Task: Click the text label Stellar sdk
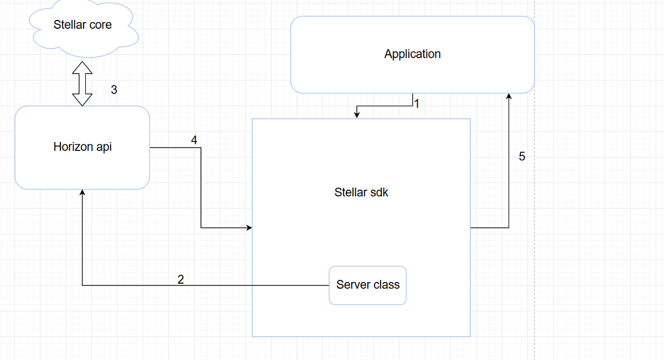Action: [x=361, y=192]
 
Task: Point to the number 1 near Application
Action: [x=417, y=103]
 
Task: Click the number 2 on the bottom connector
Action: [x=180, y=279]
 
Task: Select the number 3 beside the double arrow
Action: [x=114, y=90]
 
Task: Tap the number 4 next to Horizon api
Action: [x=194, y=140]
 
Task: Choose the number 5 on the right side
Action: [x=522, y=156]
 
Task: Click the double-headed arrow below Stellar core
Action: [x=82, y=83]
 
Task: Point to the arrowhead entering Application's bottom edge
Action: [x=509, y=97]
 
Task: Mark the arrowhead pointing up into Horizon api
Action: [x=82, y=192]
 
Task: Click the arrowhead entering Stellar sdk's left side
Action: [x=249, y=227]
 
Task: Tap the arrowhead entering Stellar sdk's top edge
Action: [x=357, y=115]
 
